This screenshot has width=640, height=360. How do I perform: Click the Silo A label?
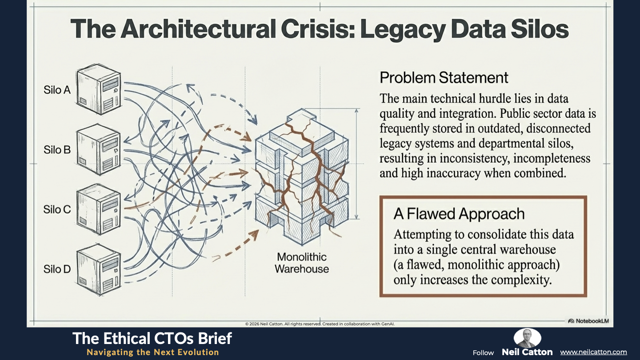[x=57, y=90]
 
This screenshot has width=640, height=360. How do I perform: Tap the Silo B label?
[x=57, y=150]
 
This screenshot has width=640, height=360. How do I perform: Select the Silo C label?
[x=57, y=209]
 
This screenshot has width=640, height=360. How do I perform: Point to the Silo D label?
[x=57, y=269]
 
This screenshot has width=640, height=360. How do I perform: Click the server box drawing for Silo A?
[x=99, y=89]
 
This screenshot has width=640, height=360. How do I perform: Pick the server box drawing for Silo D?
[x=99, y=270]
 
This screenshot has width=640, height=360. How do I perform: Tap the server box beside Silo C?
[x=99, y=209]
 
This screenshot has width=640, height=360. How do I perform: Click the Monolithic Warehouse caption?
[x=302, y=263]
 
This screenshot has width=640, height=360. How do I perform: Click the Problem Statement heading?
[x=444, y=78]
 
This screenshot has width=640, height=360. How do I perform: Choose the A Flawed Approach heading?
[x=459, y=214]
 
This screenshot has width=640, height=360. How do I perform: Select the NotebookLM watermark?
[x=588, y=321]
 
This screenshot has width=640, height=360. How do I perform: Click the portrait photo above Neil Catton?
[x=527, y=338]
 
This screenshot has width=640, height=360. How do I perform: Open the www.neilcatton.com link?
[x=593, y=352]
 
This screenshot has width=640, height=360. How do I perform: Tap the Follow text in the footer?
[x=483, y=353]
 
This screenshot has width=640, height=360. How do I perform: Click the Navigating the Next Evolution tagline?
[x=153, y=352]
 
